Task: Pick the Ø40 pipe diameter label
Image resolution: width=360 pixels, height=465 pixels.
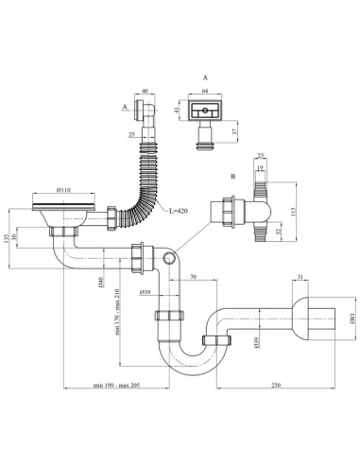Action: [x=100, y=281]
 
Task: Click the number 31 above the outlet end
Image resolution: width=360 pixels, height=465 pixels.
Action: [x=300, y=278]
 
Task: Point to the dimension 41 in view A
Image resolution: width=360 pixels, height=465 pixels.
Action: [x=177, y=111]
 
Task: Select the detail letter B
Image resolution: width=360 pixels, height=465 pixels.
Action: [x=231, y=177]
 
